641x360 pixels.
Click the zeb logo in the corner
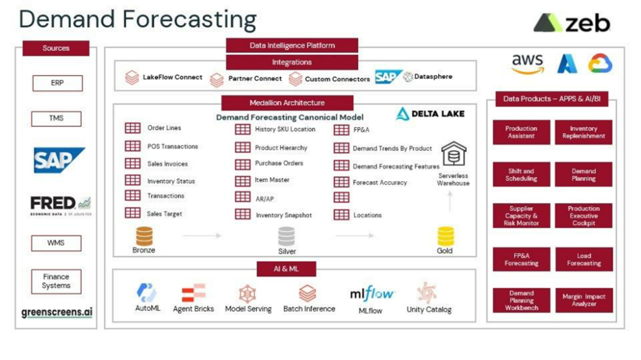pyautogui.click(x=572, y=23)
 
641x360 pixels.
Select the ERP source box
pyautogui.click(x=57, y=83)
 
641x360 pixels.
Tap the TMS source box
pyautogui.click(x=57, y=118)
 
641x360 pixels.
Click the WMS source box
pyautogui.click(x=56, y=242)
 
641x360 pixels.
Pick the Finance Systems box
pyautogui.click(x=56, y=281)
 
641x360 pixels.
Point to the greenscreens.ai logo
pyautogui.click(x=56, y=312)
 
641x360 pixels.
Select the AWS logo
pyautogui.click(x=526, y=63)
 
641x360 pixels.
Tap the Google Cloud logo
pyautogui.click(x=600, y=63)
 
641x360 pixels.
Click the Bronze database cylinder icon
pyautogui.click(x=144, y=236)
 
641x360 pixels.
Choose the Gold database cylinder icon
pyautogui.click(x=446, y=236)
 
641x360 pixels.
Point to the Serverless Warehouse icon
pyautogui.click(x=454, y=154)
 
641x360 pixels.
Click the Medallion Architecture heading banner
pyautogui.click(x=287, y=103)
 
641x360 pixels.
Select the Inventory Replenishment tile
pyautogui.click(x=583, y=132)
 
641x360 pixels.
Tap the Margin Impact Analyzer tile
pyautogui.click(x=583, y=300)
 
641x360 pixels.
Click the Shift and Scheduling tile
pyautogui.click(x=521, y=175)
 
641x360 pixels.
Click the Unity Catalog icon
pyautogui.click(x=428, y=292)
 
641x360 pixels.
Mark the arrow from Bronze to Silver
pyautogui.click(x=202, y=236)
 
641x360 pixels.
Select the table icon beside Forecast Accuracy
pyautogui.click(x=341, y=182)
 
